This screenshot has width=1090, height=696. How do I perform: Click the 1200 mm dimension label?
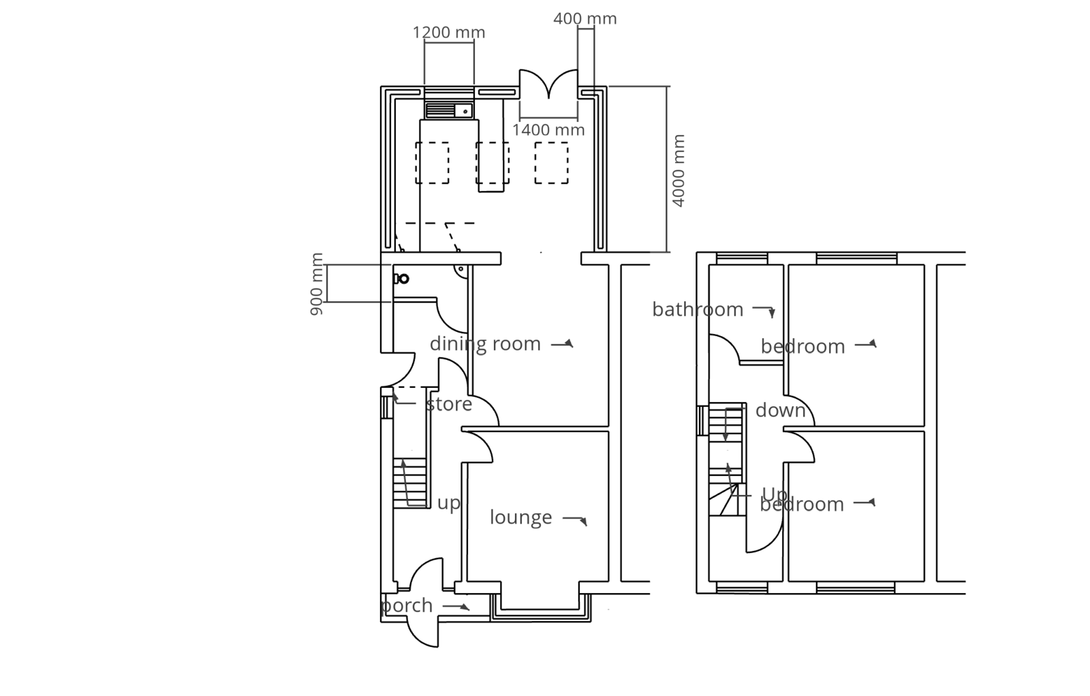pos(448,32)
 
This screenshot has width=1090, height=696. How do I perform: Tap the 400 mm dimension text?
pos(585,18)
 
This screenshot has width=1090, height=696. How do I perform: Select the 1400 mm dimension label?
pos(548,130)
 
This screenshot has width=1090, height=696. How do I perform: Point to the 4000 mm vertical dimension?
pos(678,170)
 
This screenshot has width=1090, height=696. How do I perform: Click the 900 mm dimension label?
pos(317,284)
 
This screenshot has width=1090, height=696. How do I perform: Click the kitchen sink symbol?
pos(449,110)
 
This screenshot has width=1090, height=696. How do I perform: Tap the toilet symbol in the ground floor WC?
pos(401,279)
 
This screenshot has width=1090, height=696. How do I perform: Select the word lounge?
pos(520,517)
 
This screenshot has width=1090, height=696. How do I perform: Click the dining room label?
pos(485,344)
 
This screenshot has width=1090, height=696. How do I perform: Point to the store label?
pos(449,404)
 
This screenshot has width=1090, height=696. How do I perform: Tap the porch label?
pos(407,605)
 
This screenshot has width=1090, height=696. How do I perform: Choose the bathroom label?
pos(697,309)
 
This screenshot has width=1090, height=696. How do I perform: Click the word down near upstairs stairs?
pos(780,410)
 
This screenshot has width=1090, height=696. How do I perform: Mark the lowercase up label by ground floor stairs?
pos(448,503)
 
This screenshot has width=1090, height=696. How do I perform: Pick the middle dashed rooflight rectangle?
pos(493,163)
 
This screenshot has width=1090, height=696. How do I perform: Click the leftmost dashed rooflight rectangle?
pos(432,163)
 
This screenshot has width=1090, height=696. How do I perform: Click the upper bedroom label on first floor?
pos(803,346)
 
